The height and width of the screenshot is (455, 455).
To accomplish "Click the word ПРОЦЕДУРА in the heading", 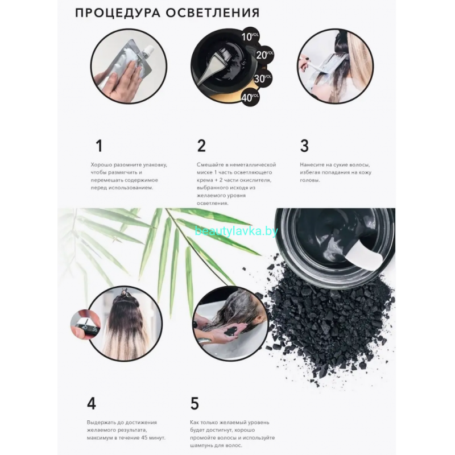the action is [118, 13].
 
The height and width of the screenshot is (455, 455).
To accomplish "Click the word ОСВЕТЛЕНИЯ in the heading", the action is [213, 13].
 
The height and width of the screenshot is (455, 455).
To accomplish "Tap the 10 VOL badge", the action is [250, 36].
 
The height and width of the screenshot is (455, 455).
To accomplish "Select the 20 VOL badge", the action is [264, 55].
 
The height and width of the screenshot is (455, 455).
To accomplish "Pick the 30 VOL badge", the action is [263, 78].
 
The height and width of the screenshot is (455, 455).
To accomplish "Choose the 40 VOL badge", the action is [250, 97].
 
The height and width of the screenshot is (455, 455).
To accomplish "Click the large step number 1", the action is [99, 146].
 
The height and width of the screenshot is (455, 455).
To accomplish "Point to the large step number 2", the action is [201, 146].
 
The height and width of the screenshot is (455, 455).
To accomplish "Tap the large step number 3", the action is [304, 146].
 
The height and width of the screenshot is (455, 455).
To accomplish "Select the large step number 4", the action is [92, 403].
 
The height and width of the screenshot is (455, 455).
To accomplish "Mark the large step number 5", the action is [195, 403].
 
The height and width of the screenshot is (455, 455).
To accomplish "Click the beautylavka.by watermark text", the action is [237, 231].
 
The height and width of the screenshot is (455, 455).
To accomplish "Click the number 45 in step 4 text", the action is [144, 437].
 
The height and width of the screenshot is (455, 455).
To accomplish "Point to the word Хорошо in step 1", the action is [101, 165].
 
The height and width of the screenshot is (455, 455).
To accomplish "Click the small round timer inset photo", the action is [86, 324].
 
